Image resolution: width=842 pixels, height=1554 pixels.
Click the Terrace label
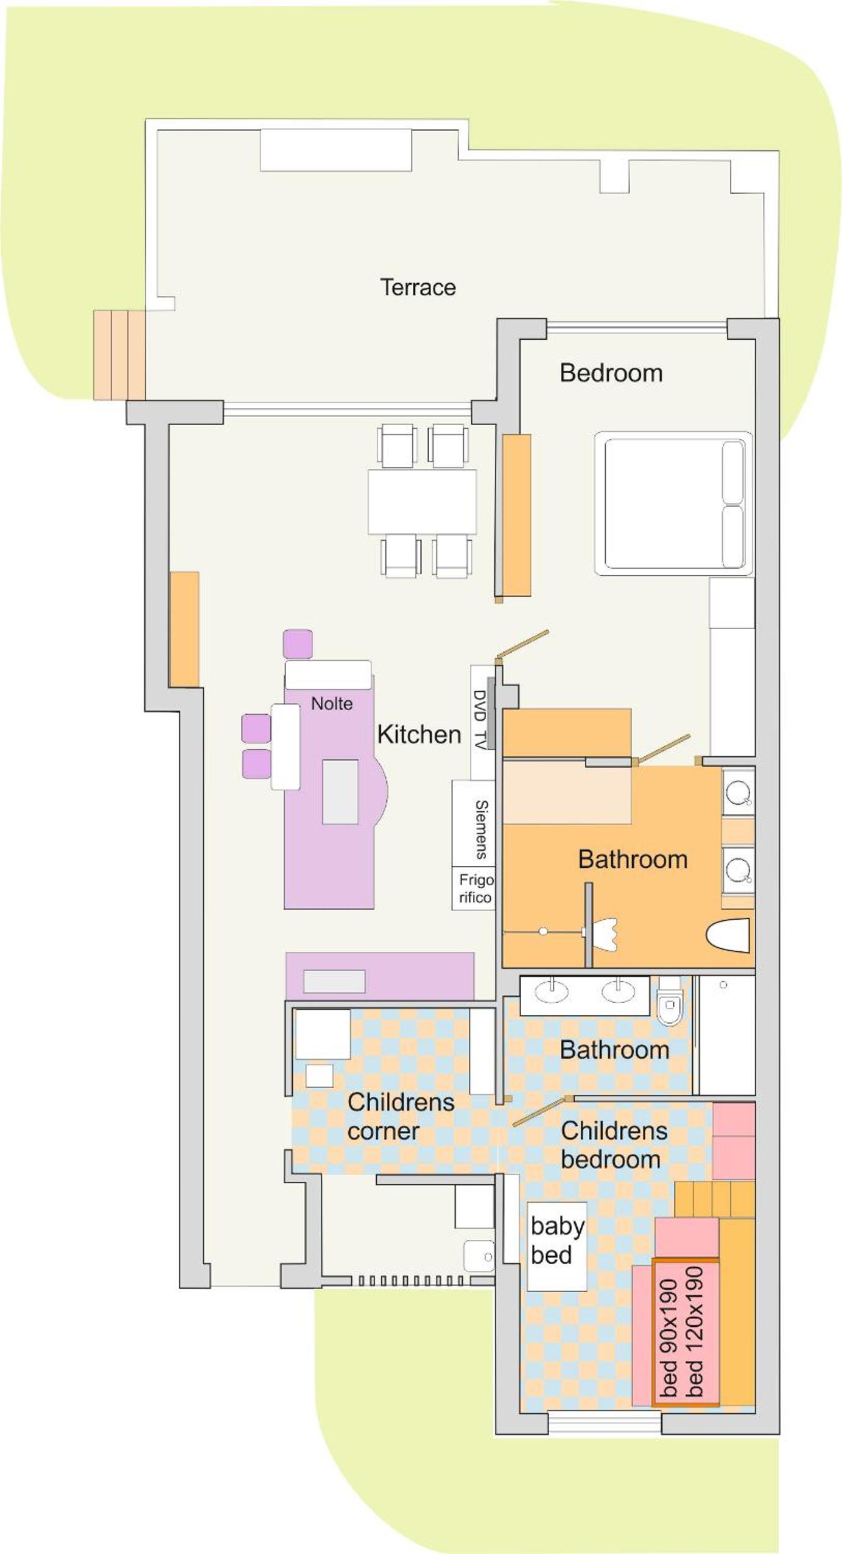pyautogui.click(x=418, y=287)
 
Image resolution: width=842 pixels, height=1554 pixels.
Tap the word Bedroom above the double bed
pyautogui.click(x=611, y=373)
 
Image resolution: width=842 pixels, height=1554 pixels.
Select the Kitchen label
pyautogui.click(x=419, y=734)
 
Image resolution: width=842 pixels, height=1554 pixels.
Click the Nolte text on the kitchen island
pyautogui.click(x=332, y=703)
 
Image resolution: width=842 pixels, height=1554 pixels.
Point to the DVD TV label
pyautogui.click(x=480, y=719)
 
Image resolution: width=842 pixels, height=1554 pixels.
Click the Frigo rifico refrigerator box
pyautogui.click(x=473, y=888)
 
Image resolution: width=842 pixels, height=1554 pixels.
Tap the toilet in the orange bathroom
pyautogui.click(x=728, y=935)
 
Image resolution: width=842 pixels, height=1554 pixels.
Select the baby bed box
pyautogui.click(x=556, y=1246)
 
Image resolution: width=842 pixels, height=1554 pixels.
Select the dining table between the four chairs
pyautogui.click(x=422, y=502)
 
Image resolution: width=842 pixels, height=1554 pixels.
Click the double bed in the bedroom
pyautogui.click(x=673, y=503)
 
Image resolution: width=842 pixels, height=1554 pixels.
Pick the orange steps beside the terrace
pyautogui.click(x=119, y=355)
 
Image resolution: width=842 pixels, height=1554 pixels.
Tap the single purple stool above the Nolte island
pyautogui.click(x=298, y=644)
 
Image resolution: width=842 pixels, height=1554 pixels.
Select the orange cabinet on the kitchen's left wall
pyautogui.click(x=184, y=629)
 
